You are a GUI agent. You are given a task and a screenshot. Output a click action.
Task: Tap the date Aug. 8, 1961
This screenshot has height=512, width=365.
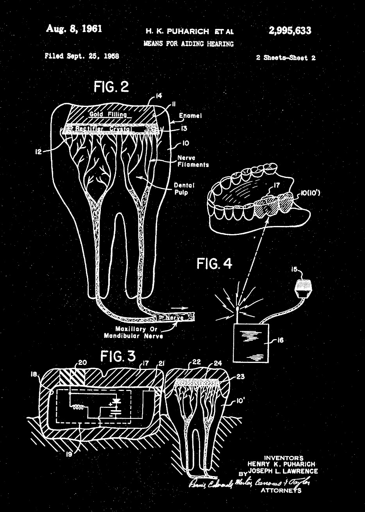coord(74,29)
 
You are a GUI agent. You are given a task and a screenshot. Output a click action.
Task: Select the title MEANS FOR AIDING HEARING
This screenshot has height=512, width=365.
coord(188,44)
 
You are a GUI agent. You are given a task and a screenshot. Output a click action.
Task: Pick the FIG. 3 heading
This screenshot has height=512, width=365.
coord(118,356)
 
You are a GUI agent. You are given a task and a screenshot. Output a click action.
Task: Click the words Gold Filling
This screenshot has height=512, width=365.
coord(108,114)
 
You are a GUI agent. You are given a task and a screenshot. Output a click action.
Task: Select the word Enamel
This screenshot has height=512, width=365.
coord(190,116)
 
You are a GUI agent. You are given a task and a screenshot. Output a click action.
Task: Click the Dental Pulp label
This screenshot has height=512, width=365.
coord(184,189)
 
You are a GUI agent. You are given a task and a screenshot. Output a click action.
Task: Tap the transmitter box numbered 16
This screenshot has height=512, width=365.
coord(250,343)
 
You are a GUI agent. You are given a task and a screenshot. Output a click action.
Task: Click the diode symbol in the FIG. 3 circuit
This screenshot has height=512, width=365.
coord(116,401)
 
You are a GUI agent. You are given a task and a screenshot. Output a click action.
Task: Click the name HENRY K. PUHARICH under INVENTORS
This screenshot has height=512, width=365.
coord(281,464)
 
